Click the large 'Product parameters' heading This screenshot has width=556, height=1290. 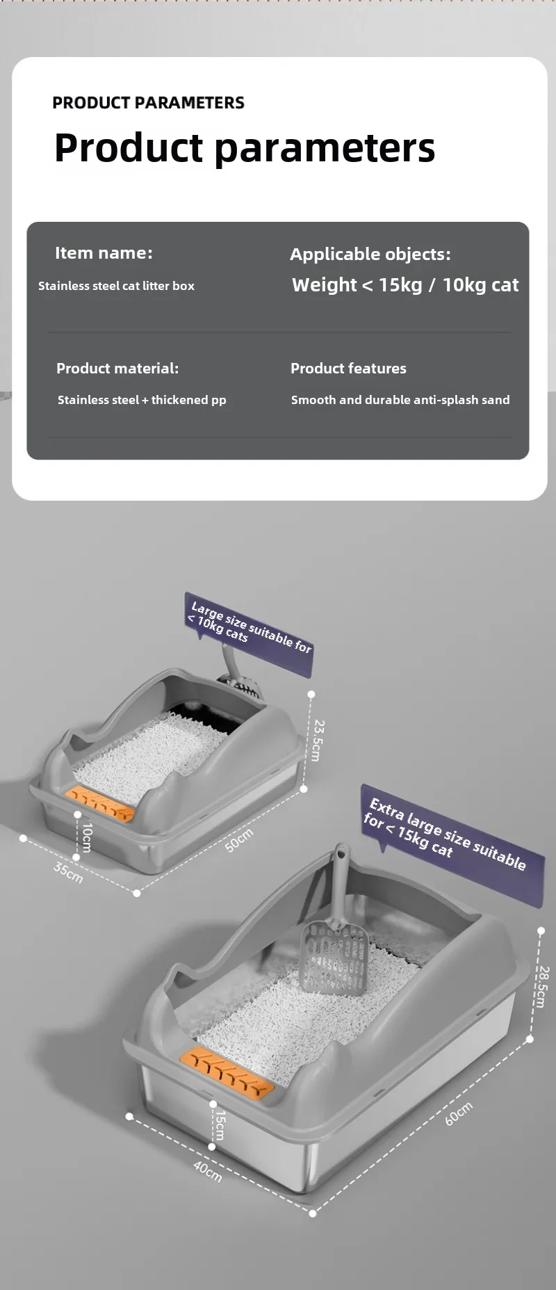245,148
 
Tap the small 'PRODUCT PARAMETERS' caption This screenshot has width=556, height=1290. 148,103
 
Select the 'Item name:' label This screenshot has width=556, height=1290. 104,253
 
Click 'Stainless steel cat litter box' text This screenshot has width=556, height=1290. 116,286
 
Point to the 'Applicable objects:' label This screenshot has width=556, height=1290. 370,255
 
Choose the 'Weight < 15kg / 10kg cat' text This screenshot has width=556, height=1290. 405,285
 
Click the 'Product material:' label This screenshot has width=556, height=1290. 117,369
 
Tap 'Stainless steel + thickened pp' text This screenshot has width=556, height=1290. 142,400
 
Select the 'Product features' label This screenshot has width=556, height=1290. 348,369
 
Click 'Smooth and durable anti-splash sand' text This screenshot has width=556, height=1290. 400,400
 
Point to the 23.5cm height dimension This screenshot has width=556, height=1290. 318,740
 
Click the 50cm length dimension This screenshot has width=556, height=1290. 239,840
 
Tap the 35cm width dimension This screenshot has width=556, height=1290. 69,872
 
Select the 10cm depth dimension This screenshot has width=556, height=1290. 87,837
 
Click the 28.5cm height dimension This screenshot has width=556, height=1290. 541,986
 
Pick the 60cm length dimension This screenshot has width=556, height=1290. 459,1114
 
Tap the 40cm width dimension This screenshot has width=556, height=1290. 207,1171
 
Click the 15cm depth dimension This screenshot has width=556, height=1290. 220,1124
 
